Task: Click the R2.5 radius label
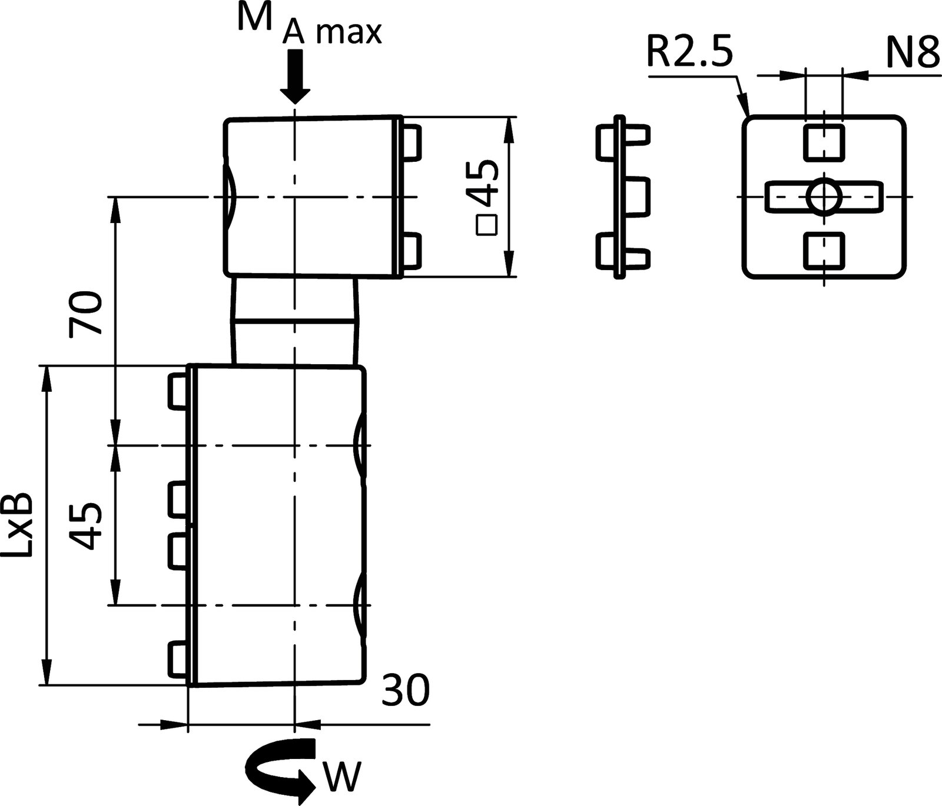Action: pyautogui.click(x=689, y=53)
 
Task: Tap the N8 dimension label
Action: pyautogui.click(x=912, y=53)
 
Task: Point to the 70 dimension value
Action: pyautogui.click(x=86, y=313)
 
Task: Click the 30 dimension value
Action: pyautogui.click(x=406, y=690)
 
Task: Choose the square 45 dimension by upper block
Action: pyautogui.click(x=485, y=198)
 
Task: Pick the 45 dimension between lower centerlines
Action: pyautogui.click(x=86, y=525)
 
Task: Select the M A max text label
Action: pyautogui.click(x=309, y=26)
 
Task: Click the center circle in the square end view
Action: pyautogui.click(x=824, y=196)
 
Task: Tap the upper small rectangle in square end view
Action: pyautogui.click(x=824, y=142)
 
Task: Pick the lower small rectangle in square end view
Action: pyautogui.click(x=824, y=250)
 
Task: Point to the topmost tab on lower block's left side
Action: pyautogui.click(x=179, y=391)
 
